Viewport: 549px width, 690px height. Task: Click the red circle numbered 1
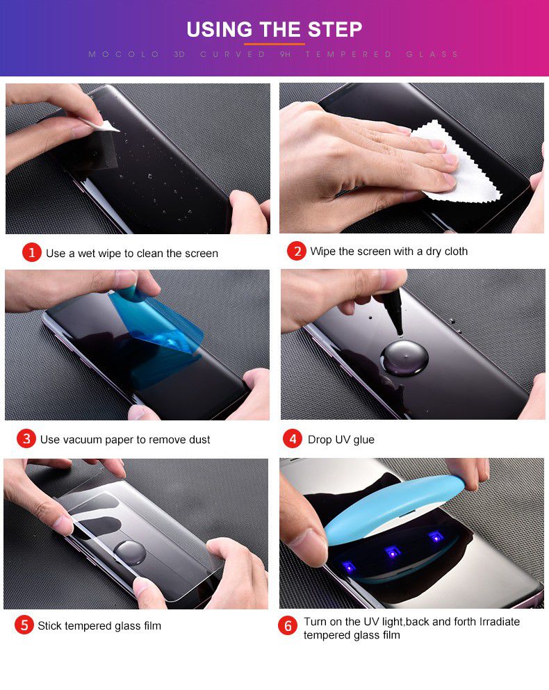click(32, 252)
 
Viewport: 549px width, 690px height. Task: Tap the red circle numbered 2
click(296, 251)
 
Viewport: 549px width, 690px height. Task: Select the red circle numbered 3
click(26, 438)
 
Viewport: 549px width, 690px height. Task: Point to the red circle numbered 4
click(293, 438)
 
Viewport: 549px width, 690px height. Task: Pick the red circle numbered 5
click(24, 625)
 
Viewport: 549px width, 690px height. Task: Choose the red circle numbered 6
click(288, 626)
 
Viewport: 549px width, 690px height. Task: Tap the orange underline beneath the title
click(274, 44)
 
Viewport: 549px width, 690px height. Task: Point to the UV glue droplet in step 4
click(403, 355)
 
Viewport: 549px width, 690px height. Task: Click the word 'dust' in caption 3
click(197, 439)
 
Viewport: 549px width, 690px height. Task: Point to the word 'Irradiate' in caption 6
click(494, 621)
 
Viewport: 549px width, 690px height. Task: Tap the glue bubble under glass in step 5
click(130, 552)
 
